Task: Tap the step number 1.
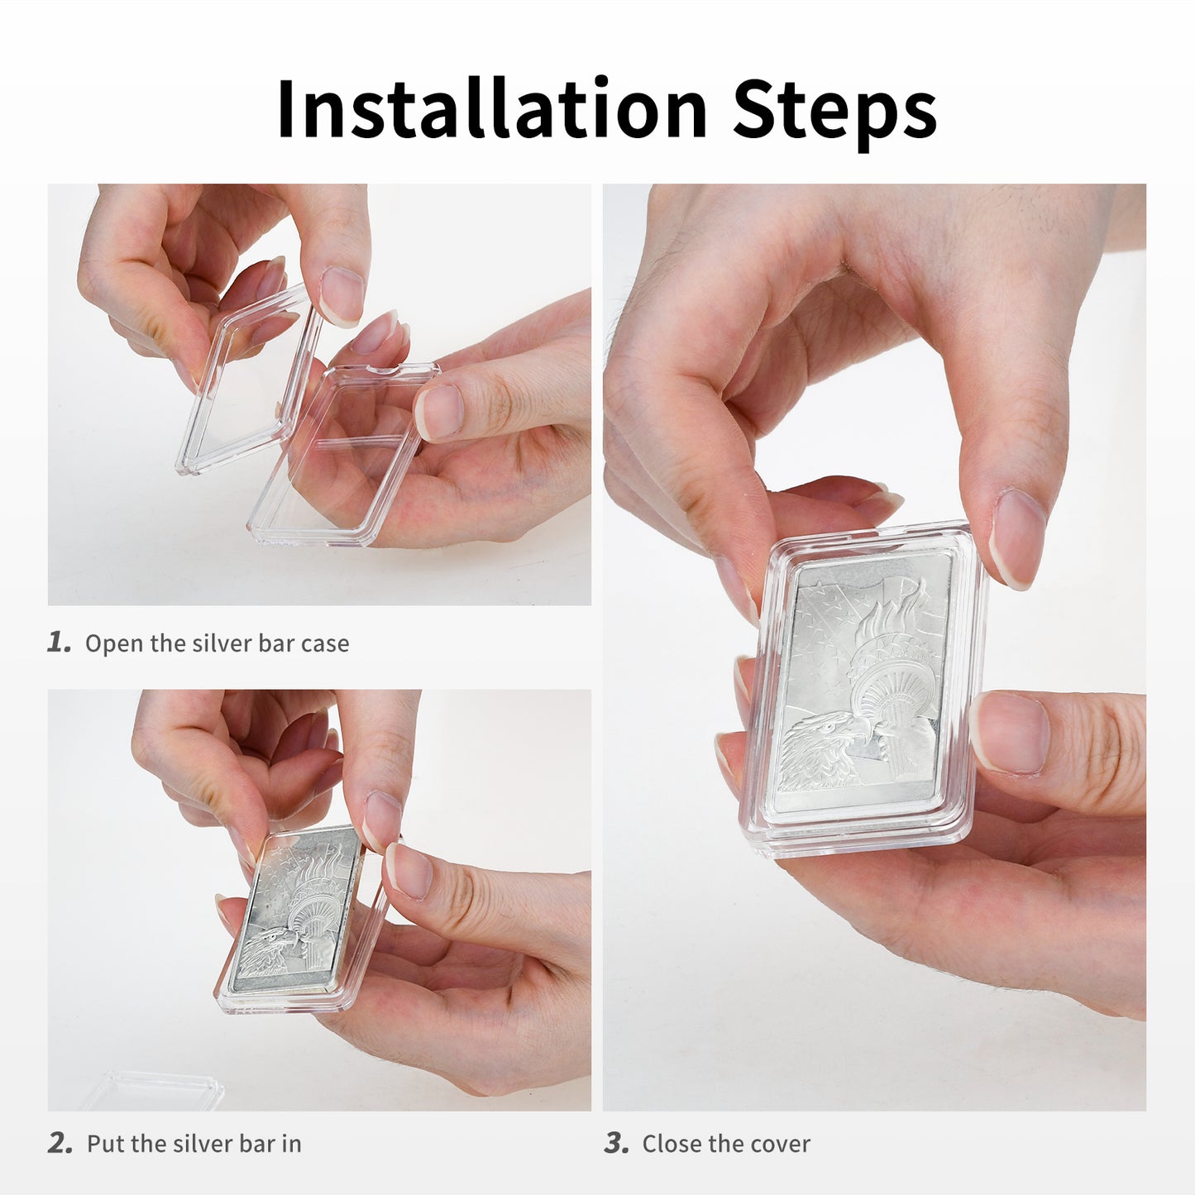point(59,643)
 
